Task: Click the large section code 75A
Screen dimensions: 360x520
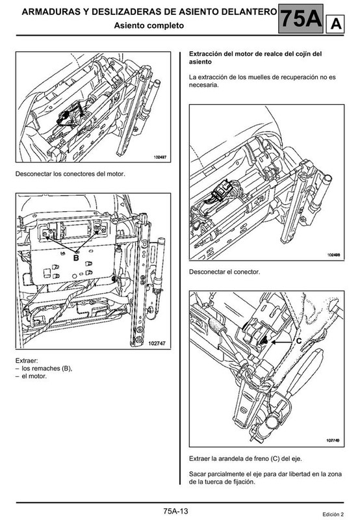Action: click(301, 19)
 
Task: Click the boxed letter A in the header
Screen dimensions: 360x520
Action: click(335, 24)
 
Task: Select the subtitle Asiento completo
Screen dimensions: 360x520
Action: click(149, 25)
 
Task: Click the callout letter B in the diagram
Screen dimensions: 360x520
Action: click(76, 257)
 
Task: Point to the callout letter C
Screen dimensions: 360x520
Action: click(298, 341)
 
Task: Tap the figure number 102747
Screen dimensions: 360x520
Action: click(157, 344)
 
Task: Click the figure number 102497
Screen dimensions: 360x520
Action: click(160, 157)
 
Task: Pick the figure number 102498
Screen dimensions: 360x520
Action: click(333, 255)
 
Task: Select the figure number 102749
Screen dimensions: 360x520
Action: click(333, 441)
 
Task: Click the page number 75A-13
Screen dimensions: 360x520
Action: click(175, 511)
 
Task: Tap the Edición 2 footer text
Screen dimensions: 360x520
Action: click(333, 514)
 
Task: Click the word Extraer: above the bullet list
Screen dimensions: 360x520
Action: click(27, 361)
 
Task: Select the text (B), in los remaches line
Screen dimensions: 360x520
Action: click(67, 369)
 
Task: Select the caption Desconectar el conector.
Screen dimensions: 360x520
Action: click(224, 272)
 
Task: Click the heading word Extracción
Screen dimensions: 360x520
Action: click(205, 54)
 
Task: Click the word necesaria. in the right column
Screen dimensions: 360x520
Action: click(204, 85)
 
